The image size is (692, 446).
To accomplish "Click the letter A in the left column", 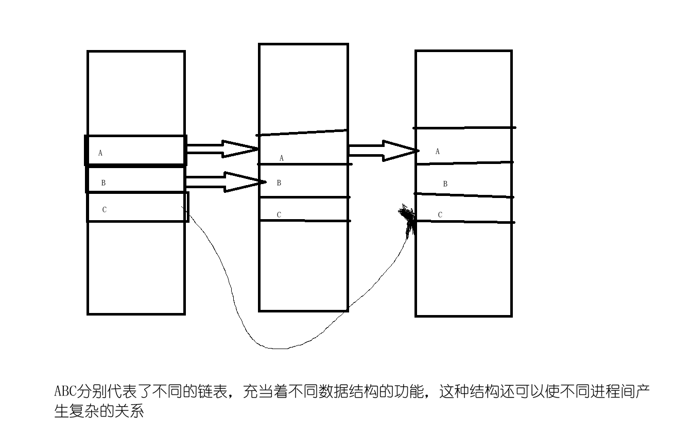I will coord(100,153).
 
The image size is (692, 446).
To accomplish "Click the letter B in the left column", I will coord(103,183).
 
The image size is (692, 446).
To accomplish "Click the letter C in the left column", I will coord(105,209).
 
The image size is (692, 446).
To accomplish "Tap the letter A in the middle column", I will coord(281,158).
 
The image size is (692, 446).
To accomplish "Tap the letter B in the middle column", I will coord(279,183).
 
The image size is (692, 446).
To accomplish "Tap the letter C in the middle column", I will coord(279,215).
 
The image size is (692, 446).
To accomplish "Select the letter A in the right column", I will coord(438,152).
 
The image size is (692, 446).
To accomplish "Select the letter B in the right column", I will coord(445,184).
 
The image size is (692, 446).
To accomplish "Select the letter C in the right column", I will coord(440,215).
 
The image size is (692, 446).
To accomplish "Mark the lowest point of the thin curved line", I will coord(278,349).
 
